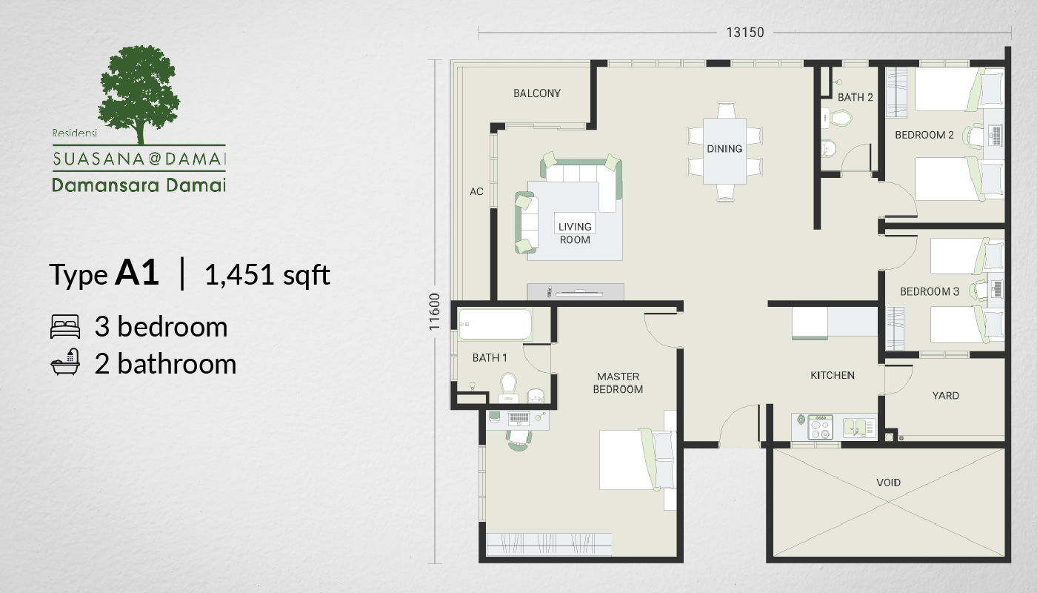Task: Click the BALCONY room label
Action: coord(537,93)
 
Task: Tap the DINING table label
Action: coord(724,149)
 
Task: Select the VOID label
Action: coord(888,483)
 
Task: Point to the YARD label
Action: coord(945,396)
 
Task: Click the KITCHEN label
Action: coord(833,375)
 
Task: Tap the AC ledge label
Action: coord(476,191)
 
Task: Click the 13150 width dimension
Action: coord(745,33)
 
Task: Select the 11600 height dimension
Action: coord(434,311)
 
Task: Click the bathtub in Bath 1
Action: coord(495,325)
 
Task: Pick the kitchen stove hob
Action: coord(820,427)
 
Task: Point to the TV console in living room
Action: coord(576,292)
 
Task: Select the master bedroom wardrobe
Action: coord(549,544)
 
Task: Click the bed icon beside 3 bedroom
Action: coord(65,326)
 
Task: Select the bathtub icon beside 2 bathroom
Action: coord(65,362)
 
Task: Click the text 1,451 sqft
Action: coord(267,274)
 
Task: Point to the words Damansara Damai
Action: coord(139,185)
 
